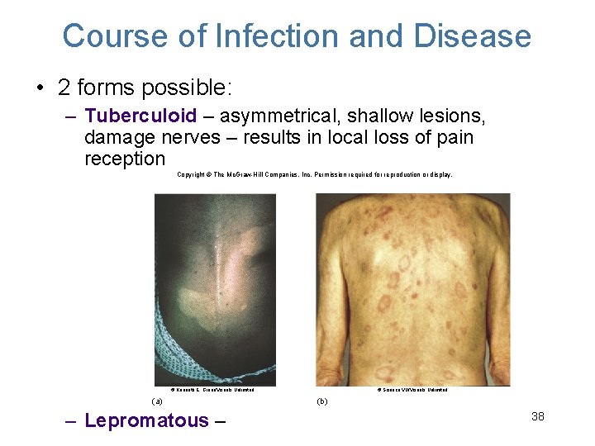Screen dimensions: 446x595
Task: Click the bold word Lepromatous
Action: click(147, 420)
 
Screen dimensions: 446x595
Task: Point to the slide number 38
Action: click(537, 416)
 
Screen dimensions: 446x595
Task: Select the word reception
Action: click(125, 159)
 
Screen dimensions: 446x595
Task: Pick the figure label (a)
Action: click(156, 401)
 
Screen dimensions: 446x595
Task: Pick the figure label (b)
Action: click(322, 401)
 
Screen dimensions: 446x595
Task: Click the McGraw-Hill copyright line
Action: click(314, 175)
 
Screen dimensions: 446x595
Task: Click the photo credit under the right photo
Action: click(412, 389)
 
